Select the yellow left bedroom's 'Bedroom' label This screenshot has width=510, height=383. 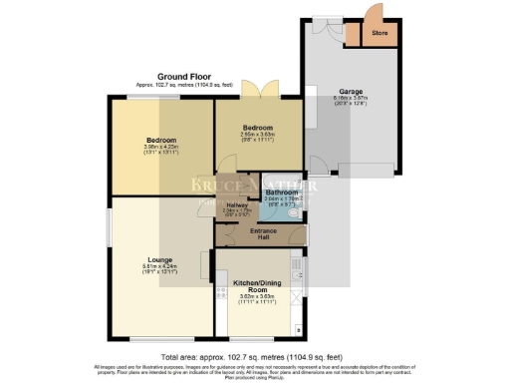[160, 140]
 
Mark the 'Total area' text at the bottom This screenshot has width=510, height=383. [254, 356]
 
